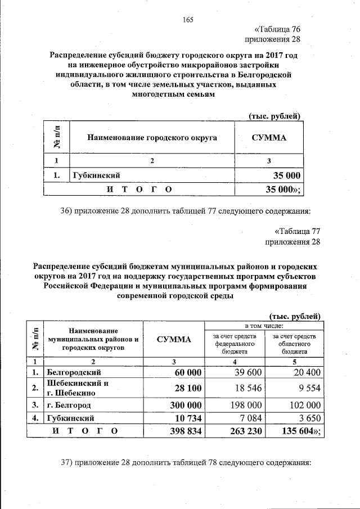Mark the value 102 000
coord(298,405)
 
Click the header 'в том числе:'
coord(263,326)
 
